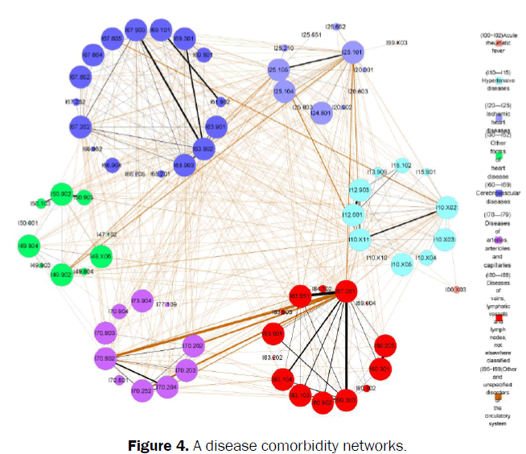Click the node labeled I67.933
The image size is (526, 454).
click(x=134, y=30)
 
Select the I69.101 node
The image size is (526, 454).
click(x=161, y=30)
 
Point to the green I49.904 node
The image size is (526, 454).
click(x=28, y=246)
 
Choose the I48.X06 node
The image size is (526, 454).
click(x=101, y=257)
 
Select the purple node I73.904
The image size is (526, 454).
click(x=142, y=300)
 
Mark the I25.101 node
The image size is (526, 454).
click(x=353, y=53)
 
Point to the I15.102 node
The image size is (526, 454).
click(x=401, y=166)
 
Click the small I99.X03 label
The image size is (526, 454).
click(x=396, y=41)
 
